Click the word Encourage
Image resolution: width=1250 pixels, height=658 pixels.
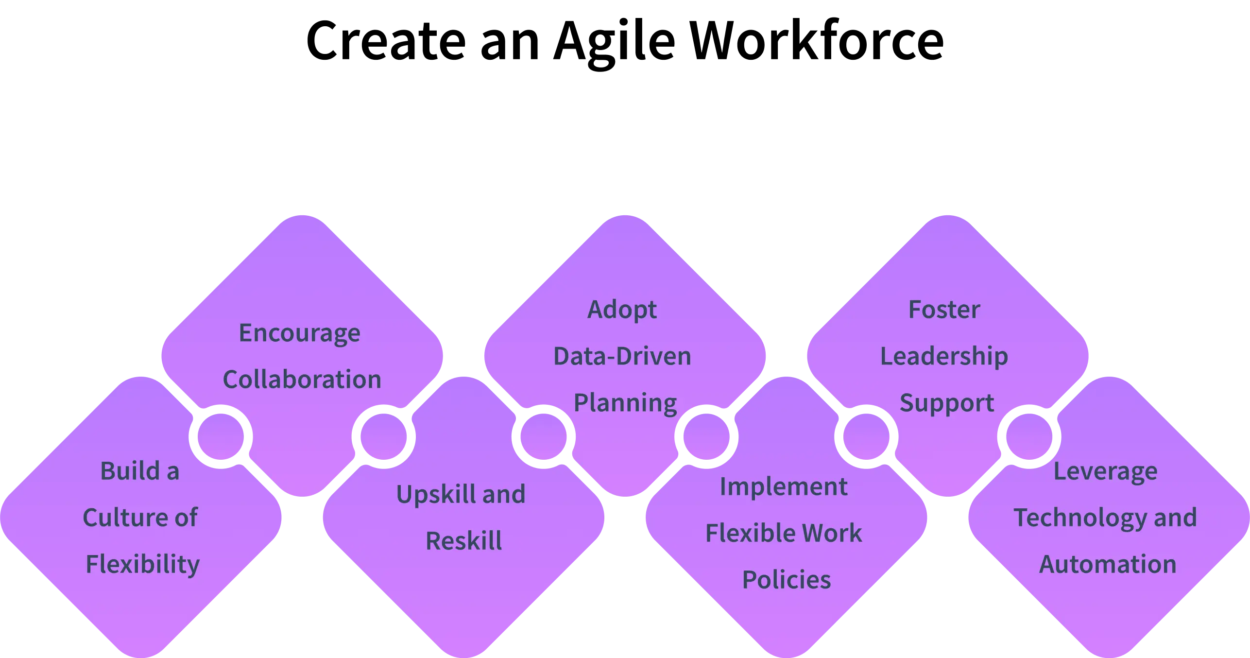[x=299, y=334]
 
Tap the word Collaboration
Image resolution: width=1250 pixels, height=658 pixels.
[x=302, y=380]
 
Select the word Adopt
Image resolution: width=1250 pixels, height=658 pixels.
[x=622, y=310]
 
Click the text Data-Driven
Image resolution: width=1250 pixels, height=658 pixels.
[x=622, y=356]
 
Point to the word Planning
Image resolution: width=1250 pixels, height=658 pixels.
[x=625, y=403]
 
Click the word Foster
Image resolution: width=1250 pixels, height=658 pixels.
[x=944, y=310]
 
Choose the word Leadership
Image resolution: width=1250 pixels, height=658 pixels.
[x=944, y=356]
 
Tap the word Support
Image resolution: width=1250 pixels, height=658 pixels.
[x=946, y=403]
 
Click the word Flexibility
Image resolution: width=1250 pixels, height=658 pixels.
[x=142, y=565]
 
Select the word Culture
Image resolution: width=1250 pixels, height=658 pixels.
[x=121, y=518]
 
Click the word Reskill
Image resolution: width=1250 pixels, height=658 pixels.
[x=463, y=541]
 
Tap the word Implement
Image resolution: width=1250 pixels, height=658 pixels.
[x=783, y=487]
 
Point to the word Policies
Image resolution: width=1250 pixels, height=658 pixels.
[x=786, y=580]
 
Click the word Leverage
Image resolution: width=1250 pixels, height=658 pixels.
[x=1105, y=471]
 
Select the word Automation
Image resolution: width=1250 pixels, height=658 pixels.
[x=1108, y=565]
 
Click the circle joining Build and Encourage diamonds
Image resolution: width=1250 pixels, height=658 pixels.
[x=220, y=437]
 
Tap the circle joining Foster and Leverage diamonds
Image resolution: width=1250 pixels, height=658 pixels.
[x=1028, y=437]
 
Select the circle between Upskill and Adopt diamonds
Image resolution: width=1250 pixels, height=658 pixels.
[x=543, y=437]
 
